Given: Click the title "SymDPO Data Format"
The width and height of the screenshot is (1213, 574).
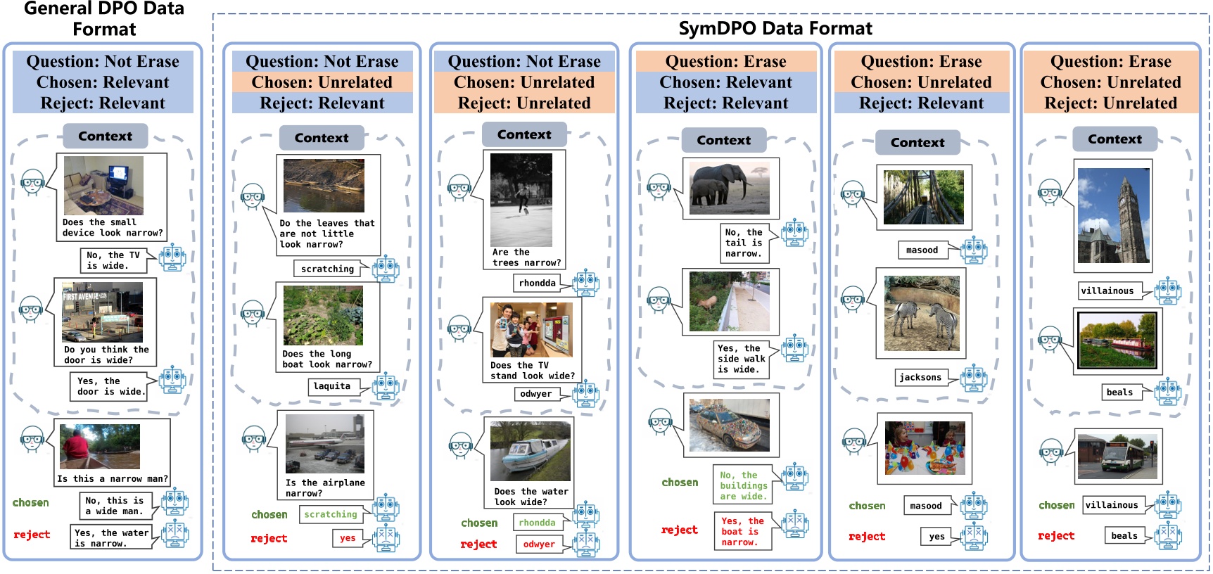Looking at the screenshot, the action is pos(775,28).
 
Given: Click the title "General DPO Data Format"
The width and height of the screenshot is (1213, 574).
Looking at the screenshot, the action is pos(104,19).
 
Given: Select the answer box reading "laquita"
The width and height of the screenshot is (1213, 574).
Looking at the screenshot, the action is pos(331,386).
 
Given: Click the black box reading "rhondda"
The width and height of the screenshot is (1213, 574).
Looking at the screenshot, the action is pos(538,283).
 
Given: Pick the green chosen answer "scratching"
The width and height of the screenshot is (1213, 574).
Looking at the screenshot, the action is pos(331,514).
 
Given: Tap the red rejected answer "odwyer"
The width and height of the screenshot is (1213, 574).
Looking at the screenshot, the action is pos(539,544).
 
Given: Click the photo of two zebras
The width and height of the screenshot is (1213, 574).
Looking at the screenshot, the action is pos(921,313).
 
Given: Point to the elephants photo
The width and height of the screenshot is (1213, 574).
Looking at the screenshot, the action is pos(730,188).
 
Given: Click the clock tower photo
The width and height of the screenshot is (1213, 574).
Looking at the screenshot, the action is pos(1113,215).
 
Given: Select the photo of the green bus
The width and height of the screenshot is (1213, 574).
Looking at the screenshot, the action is pos(1117,456).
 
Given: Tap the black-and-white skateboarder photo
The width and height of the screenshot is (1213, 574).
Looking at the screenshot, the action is pos(521,200).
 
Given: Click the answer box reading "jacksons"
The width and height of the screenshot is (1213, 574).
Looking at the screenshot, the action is pos(920,377).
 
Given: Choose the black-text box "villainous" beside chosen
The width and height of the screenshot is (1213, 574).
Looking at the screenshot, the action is pos(1112,504).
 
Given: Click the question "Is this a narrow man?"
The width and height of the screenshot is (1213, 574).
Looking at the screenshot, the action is pos(113,478).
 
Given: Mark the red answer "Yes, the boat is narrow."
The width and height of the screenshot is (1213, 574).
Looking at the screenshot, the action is pos(742,531).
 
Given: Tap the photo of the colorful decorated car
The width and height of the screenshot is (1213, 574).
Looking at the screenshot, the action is pos(730,425).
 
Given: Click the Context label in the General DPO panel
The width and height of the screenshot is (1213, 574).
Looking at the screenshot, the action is pos(105,136).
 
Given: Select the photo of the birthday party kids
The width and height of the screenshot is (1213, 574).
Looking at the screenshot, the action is pos(925,449).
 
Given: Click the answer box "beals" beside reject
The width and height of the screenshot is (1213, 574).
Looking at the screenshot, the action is pos(1124,535).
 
